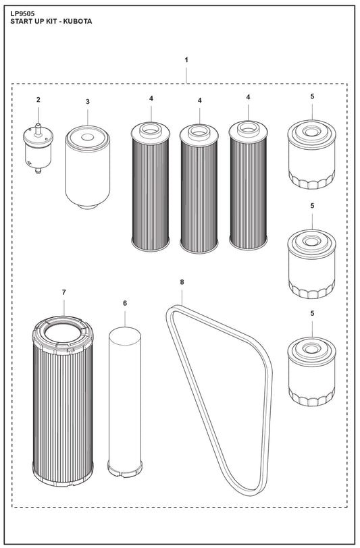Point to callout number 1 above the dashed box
click(x=186, y=60)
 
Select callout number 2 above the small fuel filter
click(x=38, y=100)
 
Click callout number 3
click(x=87, y=101)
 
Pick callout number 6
click(x=125, y=304)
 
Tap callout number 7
click(x=63, y=292)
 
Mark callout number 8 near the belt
click(x=182, y=281)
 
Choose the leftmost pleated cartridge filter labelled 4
click(x=151, y=186)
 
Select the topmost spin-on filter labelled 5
click(x=311, y=155)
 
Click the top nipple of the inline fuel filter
click(x=38, y=124)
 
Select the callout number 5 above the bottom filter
click(x=312, y=314)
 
